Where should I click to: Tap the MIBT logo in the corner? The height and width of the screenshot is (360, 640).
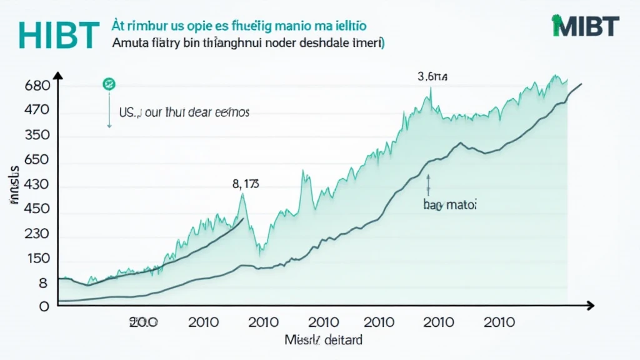pos(585,26)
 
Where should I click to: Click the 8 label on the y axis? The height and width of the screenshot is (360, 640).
pos(43,283)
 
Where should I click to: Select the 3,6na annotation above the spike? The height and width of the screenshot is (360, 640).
pos(432,77)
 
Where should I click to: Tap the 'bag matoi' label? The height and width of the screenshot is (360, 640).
pos(446,204)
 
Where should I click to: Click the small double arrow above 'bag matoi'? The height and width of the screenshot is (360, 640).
pos(429,184)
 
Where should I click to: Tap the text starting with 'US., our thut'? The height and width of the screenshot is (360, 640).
pos(184,113)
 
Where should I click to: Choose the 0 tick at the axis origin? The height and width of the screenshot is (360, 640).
pos(44,307)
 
